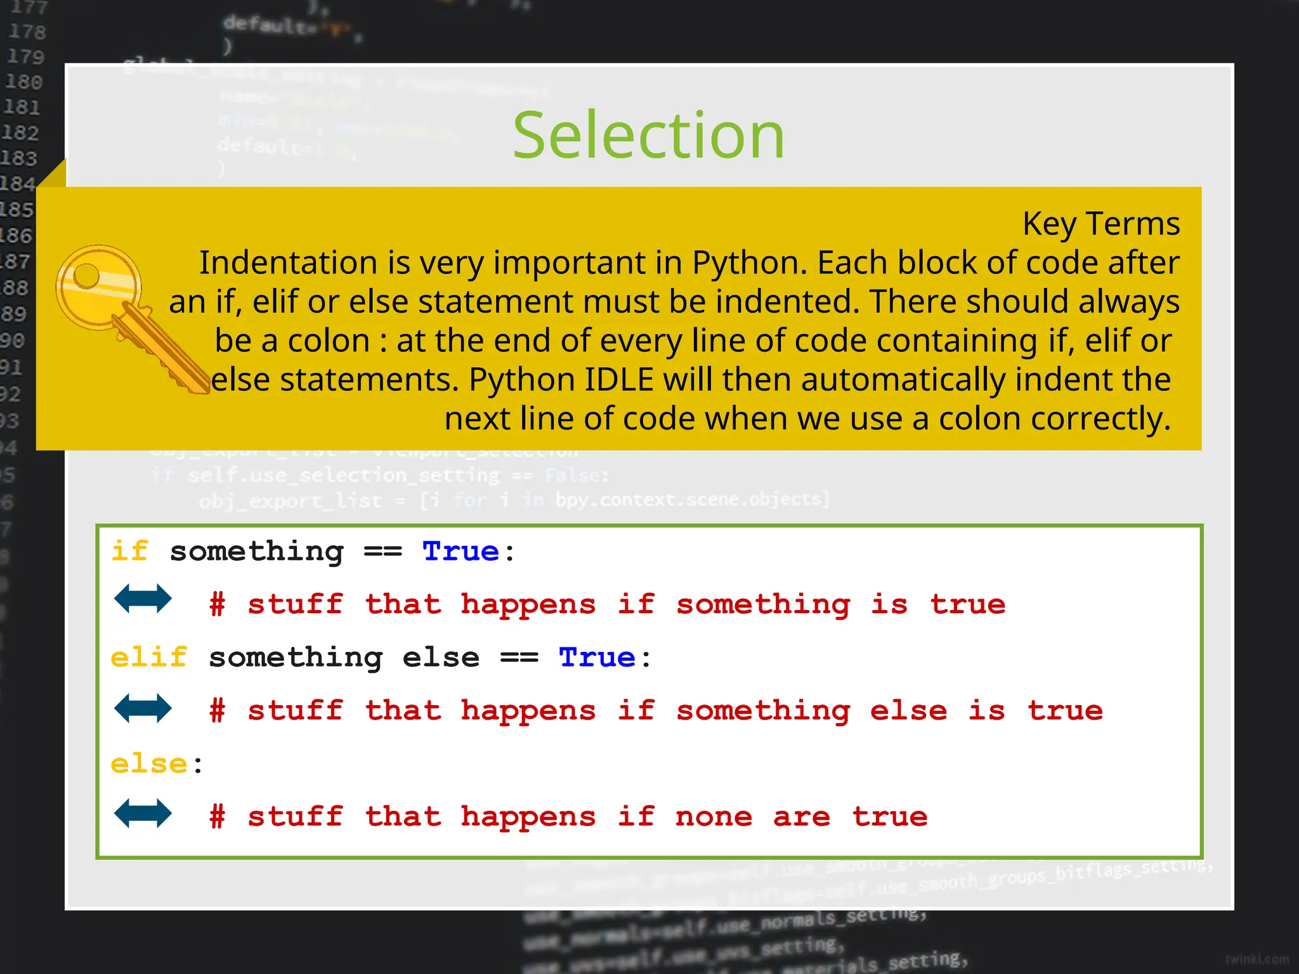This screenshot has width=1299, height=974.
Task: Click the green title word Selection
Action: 648,136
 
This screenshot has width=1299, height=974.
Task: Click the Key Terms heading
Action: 1100,224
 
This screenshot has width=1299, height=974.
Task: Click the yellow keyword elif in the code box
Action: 149,657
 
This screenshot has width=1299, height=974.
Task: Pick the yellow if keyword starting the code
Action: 130,551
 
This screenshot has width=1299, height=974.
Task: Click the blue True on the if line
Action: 460,551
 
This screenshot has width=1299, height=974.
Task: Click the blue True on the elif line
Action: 597,657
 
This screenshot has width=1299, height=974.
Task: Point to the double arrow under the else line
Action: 143,814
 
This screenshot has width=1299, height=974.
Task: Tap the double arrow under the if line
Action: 143,599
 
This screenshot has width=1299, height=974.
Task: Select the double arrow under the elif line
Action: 143,708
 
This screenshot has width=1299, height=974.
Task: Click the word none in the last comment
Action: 714,817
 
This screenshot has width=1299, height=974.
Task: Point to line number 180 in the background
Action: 24,82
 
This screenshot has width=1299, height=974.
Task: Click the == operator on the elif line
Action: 519,658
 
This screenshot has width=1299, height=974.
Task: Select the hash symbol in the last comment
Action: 218,817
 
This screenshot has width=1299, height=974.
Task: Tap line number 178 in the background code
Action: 27,32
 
